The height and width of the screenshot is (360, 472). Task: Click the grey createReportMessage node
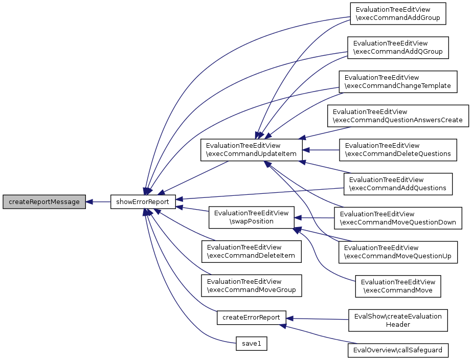click(x=43, y=202)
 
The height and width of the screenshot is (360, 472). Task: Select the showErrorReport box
click(x=143, y=202)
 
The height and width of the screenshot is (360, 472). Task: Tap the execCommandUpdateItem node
click(x=251, y=150)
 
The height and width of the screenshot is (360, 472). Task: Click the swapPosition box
click(x=251, y=217)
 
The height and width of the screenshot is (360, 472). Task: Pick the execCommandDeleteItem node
click(x=251, y=251)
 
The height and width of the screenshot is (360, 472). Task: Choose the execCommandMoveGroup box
click(x=251, y=286)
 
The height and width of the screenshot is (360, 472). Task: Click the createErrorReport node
click(x=251, y=318)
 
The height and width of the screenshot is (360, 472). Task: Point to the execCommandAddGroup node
click(x=397, y=14)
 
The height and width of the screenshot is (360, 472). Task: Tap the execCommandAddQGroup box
click(x=397, y=48)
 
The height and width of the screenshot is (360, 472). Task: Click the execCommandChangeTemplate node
click(x=397, y=82)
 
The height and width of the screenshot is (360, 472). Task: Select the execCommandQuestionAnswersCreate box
click(x=397, y=116)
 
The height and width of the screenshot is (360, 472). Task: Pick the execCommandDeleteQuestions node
click(x=397, y=150)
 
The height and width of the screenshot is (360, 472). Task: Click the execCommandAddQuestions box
click(x=397, y=184)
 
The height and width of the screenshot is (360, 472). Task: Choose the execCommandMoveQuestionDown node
click(x=397, y=217)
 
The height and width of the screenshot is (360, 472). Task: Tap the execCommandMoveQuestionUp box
click(x=397, y=252)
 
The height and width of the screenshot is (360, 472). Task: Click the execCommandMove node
click(x=397, y=286)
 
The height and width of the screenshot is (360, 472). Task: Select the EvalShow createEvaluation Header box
click(x=397, y=320)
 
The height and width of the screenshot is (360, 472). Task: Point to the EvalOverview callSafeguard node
click(x=397, y=350)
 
